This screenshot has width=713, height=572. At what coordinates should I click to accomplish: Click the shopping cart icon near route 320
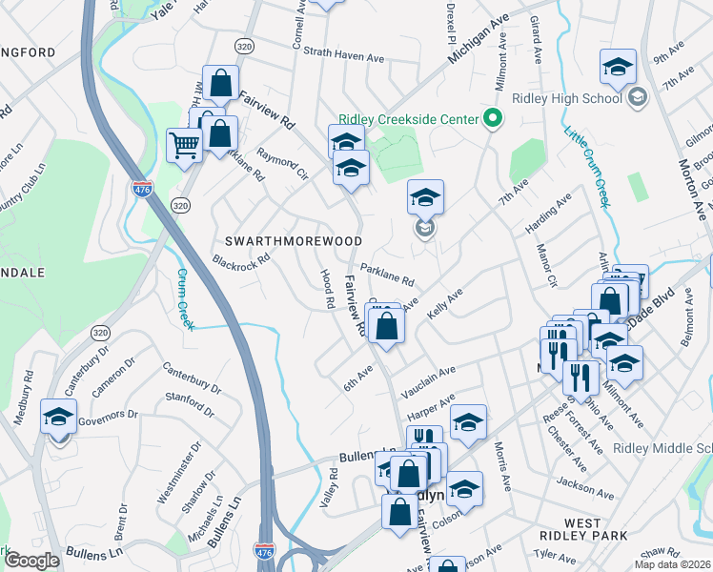[x=185, y=146]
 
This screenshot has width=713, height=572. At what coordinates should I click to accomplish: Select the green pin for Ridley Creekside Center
[x=492, y=118]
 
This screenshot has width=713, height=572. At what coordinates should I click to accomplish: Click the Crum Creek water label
[x=184, y=298]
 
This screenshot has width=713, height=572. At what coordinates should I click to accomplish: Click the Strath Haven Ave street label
[x=343, y=58]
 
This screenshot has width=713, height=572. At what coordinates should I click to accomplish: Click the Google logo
[x=31, y=561]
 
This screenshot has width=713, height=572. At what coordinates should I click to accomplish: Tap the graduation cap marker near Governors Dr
[x=59, y=418]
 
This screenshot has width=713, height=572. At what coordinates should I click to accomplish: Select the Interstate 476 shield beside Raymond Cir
[x=143, y=189]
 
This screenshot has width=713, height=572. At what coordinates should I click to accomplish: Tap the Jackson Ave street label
[x=584, y=483]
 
